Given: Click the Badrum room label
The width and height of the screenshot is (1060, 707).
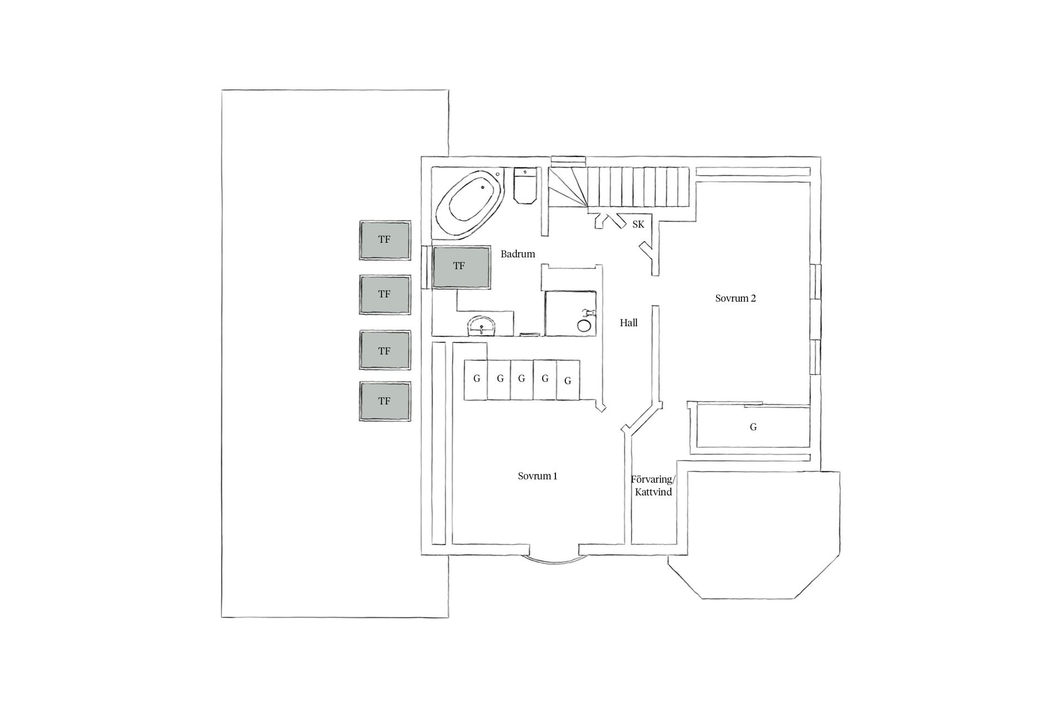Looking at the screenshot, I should pyautogui.click(x=518, y=254).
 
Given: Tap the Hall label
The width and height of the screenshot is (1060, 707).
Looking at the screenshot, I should pyautogui.click(x=628, y=323).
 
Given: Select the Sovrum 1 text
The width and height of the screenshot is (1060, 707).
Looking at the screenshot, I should pyautogui.click(x=537, y=476).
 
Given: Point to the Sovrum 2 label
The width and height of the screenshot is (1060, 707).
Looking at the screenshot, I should pyautogui.click(x=735, y=298).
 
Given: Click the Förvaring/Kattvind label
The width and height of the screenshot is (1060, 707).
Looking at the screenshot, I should pyautogui.click(x=653, y=486).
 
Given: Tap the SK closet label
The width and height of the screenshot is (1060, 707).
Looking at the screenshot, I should pyautogui.click(x=638, y=225).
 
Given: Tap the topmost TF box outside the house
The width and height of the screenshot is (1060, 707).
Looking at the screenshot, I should pyautogui.click(x=385, y=240).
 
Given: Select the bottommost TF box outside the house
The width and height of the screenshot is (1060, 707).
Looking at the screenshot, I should pyautogui.click(x=385, y=402).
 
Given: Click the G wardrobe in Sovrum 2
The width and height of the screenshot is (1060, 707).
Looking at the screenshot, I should pyautogui.click(x=753, y=427).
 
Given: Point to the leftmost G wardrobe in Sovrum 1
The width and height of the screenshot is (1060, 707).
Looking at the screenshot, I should pyautogui.click(x=476, y=379).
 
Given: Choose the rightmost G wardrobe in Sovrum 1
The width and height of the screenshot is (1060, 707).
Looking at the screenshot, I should pyautogui.click(x=568, y=380).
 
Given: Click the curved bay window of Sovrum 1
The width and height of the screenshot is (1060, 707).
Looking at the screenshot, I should pyautogui.click(x=554, y=560).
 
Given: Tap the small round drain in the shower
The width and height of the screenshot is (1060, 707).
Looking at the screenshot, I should pyautogui.click(x=584, y=325).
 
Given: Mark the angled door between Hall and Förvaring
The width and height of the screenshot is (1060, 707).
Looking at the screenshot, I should pyautogui.click(x=642, y=416).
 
